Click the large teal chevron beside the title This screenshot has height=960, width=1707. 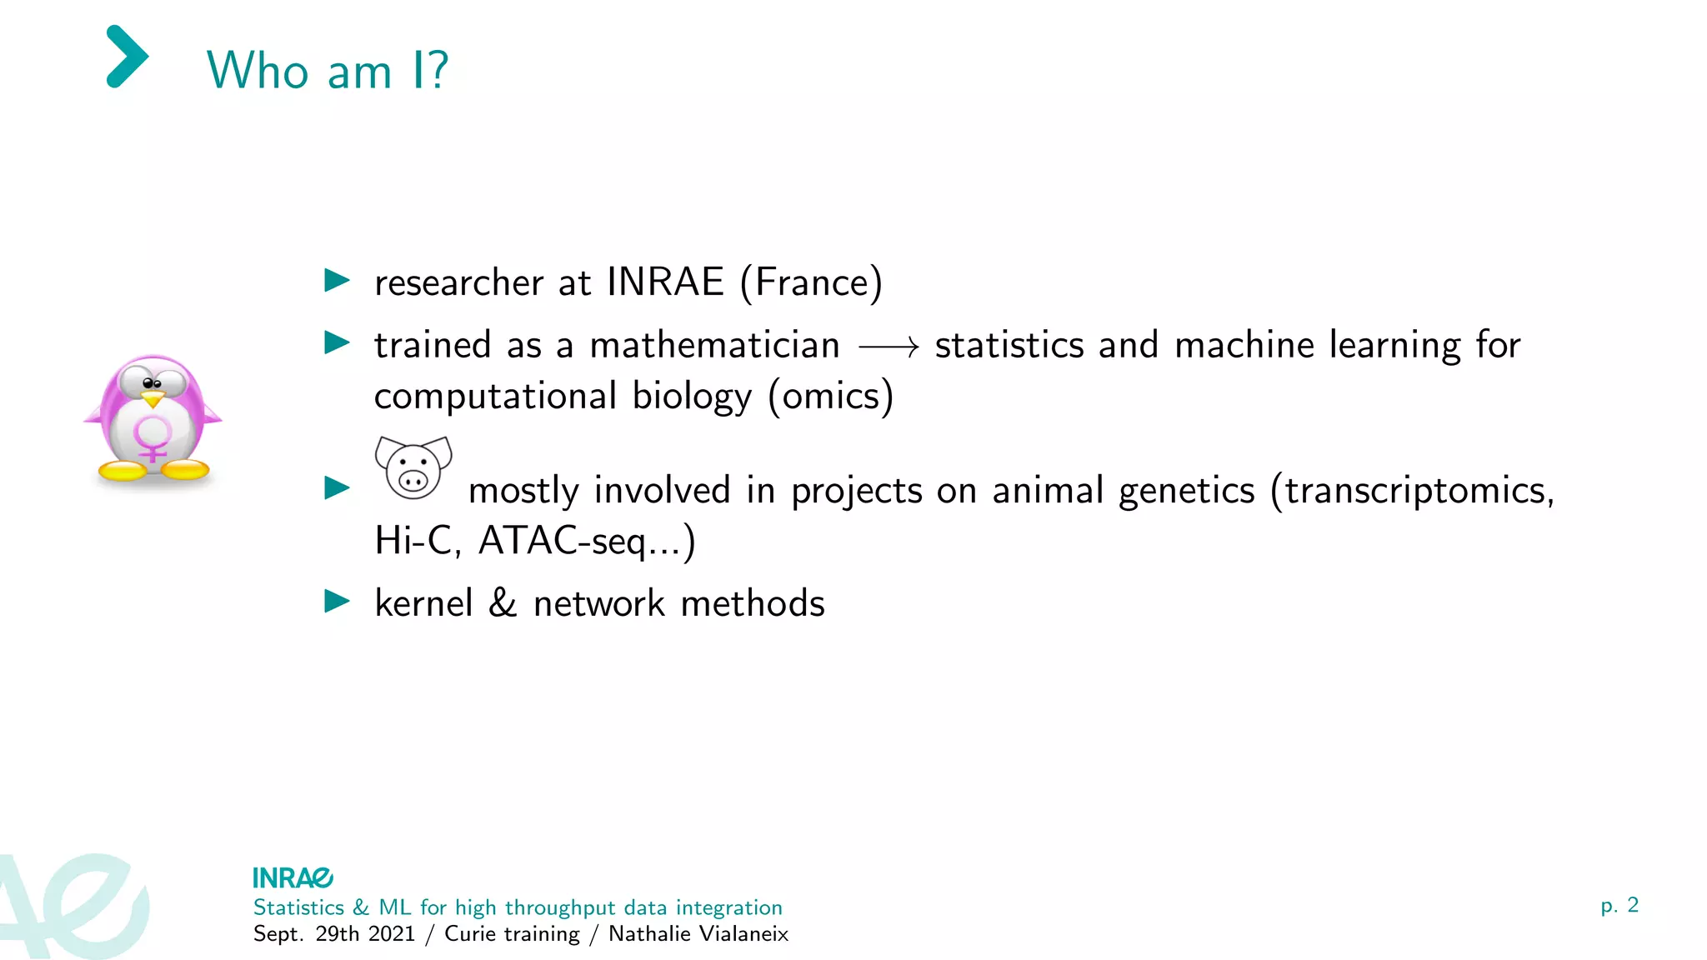pyautogui.click(x=128, y=57)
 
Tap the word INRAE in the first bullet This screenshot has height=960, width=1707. pyautogui.click(x=665, y=282)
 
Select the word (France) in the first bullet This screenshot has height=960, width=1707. pyautogui.click(x=811, y=283)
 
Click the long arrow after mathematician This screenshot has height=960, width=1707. pyautogui.click(x=889, y=346)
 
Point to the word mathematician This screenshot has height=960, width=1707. pyautogui.click(x=714, y=345)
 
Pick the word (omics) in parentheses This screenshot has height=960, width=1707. pyautogui.click(x=830, y=396)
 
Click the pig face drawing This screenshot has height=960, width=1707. pyautogui.click(x=413, y=467)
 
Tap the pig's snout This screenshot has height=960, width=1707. pyautogui.click(x=413, y=480)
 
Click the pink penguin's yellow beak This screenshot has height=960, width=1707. pyautogui.click(x=153, y=400)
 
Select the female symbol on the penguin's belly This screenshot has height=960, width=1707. pyautogui.click(x=153, y=438)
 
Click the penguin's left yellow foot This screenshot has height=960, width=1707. pyautogui.click(x=123, y=471)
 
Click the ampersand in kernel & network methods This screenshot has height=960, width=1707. pyautogui.click(x=503, y=602)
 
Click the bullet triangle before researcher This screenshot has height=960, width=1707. pyautogui.click(x=337, y=280)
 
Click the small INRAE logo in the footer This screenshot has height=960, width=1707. pyautogui.click(x=293, y=877)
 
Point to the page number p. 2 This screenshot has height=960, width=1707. pyautogui.click(x=1619, y=905)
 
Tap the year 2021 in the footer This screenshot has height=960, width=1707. pyautogui.click(x=392, y=933)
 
